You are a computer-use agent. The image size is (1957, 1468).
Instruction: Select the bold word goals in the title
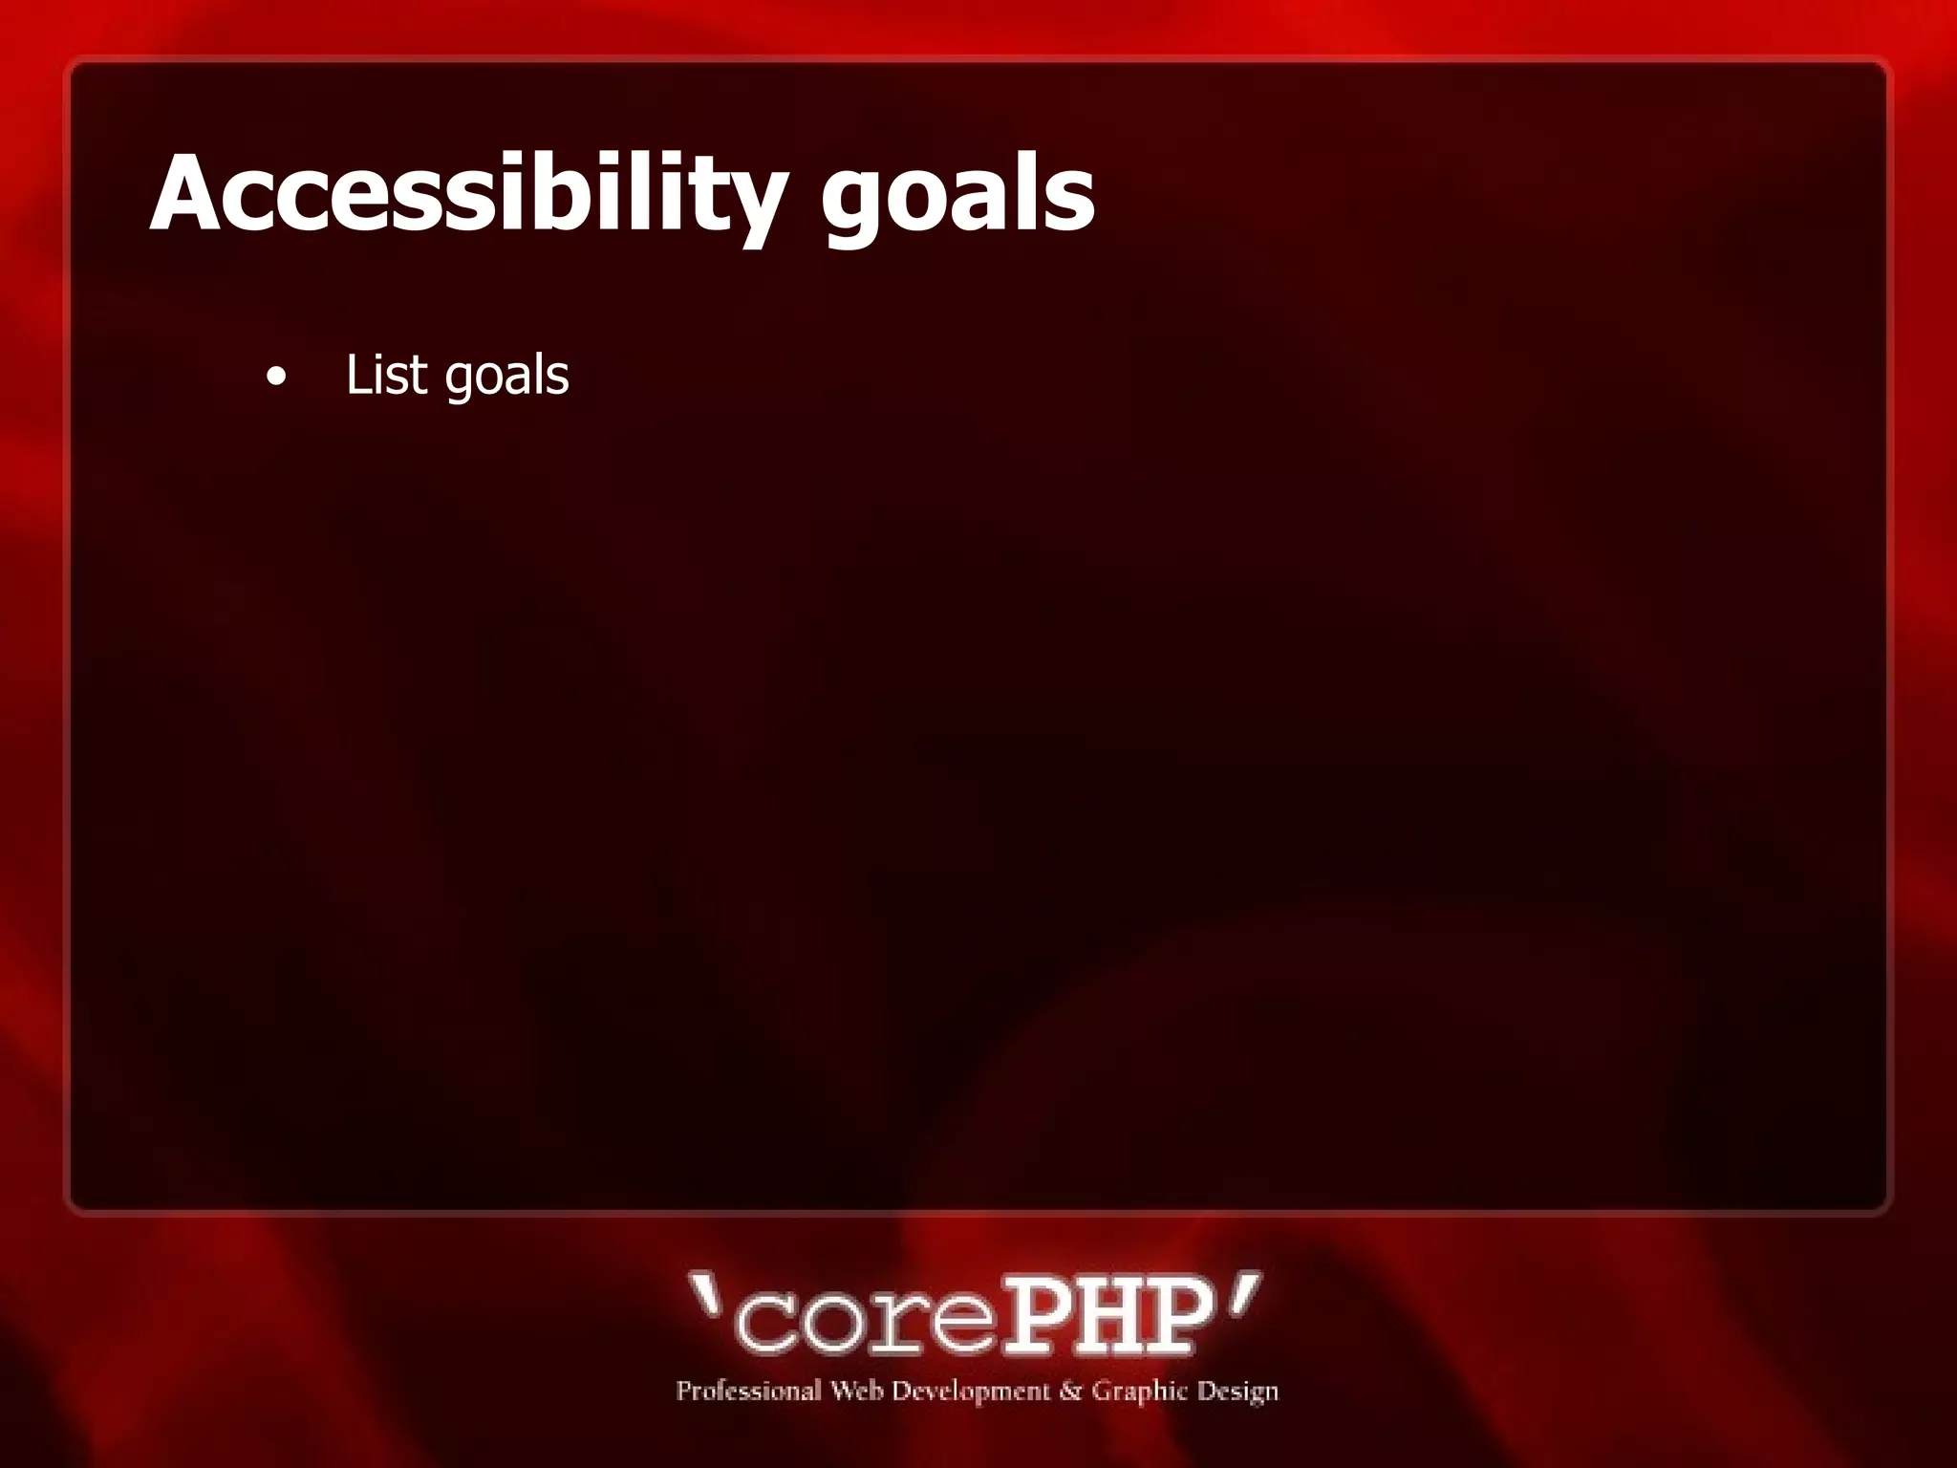(x=957, y=196)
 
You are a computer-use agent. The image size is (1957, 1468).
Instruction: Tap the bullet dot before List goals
(x=276, y=377)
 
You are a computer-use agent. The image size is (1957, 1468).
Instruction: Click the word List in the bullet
(x=386, y=374)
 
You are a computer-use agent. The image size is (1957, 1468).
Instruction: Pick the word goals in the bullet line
(x=506, y=376)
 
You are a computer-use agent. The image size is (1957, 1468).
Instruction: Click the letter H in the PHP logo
(x=1105, y=1317)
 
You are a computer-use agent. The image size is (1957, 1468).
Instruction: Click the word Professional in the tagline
(x=748, y=1391)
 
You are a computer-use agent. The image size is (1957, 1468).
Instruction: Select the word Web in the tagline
(x=856, y=1390)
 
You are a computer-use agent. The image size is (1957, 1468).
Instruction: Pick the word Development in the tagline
(x=971, y=1392)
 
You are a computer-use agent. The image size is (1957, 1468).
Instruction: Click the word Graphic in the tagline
(x=1139, y=1392)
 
